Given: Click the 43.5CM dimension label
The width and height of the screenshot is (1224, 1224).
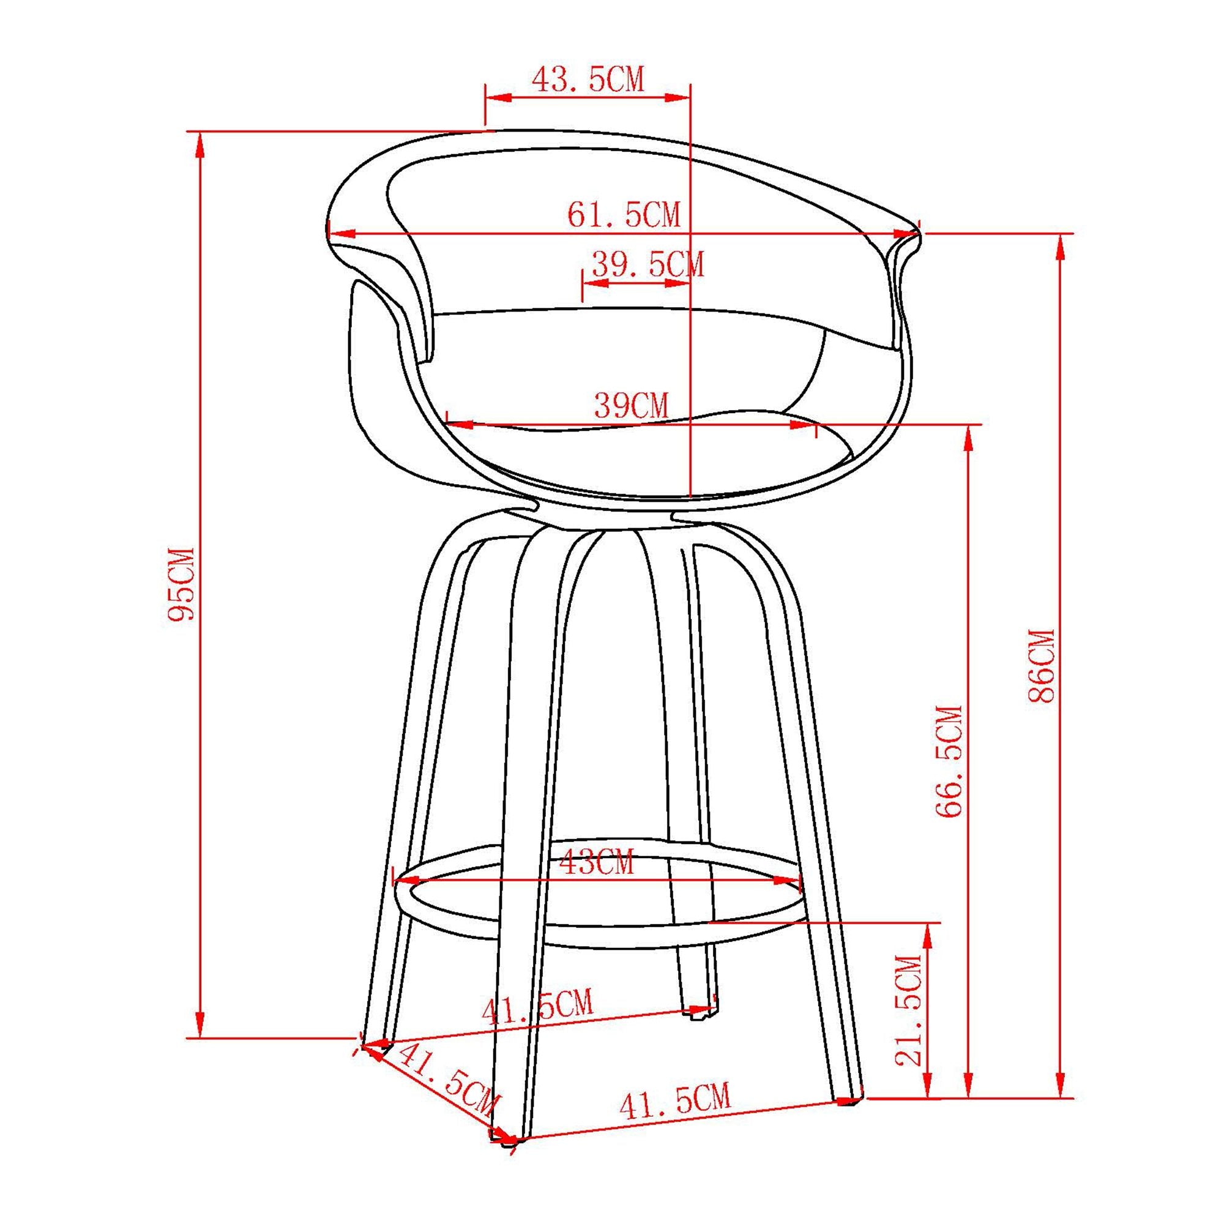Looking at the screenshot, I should tap(588, 80).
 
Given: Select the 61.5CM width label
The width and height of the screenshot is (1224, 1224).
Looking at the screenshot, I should tap(624, 215).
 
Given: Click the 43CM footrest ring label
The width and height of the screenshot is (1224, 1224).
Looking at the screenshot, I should tap(595, 863).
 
